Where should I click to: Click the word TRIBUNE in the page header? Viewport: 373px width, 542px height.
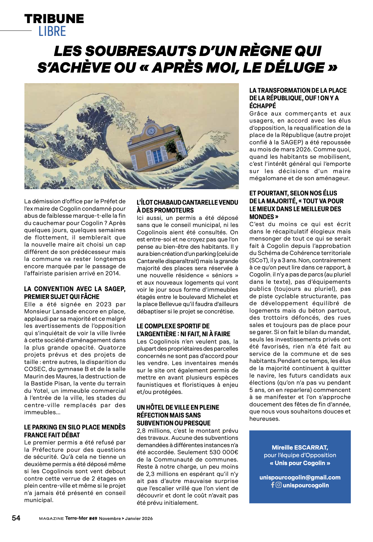[54, 19]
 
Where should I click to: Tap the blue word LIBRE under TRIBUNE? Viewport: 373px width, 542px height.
[52, 31]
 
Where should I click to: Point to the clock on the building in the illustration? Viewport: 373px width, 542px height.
[151, 131]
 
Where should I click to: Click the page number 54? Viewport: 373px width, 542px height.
[16, 518]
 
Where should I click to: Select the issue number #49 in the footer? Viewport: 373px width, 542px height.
[93, 518]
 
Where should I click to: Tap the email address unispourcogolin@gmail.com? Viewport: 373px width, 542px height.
[300, 478]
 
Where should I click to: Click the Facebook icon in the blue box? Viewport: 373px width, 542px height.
[273, 485]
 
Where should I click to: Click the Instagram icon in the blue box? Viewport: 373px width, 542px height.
[279, 485]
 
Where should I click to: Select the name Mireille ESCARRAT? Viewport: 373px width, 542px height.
[300, 447]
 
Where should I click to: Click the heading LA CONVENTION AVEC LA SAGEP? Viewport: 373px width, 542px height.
[75, 289]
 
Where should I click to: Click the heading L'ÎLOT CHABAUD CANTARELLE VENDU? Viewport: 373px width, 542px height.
[187, 203]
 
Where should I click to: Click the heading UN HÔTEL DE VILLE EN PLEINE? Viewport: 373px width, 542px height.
[178, 407]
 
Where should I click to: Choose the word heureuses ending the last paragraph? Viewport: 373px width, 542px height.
[261, 419]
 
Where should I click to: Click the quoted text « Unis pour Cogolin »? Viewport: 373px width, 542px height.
[300, 463]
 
